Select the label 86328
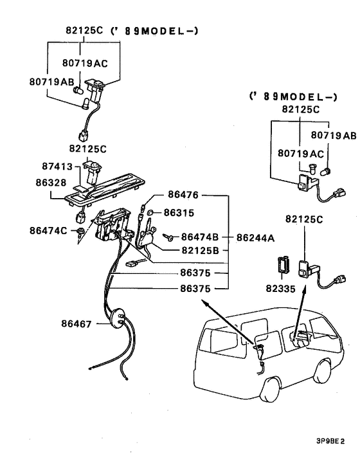click(x=51, y=183)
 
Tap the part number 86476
click(x=183, y=194)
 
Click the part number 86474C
click(x=48, y=230)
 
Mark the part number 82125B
click(x=201, y=250)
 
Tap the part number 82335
click(x=280, y=289)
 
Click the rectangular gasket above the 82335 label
click(x=281, y=266)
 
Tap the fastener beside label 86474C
click(x=80, y=231)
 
